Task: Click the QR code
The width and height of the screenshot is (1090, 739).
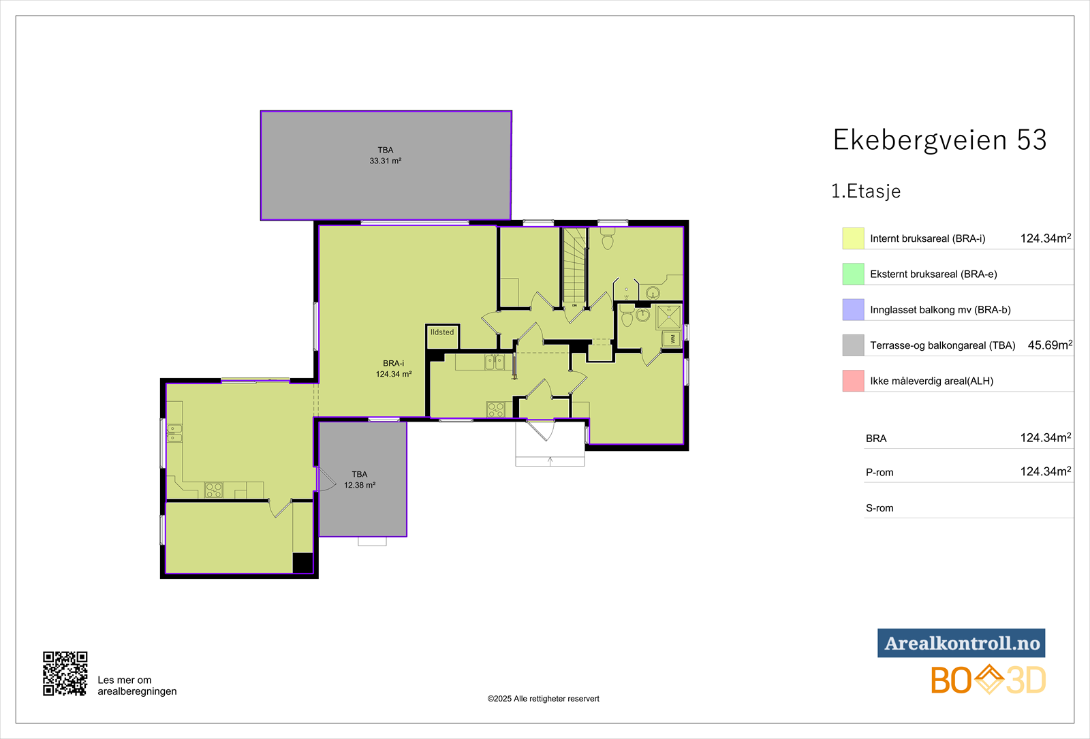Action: click(x=65, y=674)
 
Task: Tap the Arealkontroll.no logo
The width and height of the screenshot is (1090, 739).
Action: click(x=961, y=643)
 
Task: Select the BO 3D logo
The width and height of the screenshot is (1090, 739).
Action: click(x=988, y=680)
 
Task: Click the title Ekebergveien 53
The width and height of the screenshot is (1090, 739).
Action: click(x=939, y=140)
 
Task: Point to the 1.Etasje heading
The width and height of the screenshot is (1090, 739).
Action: click(x=866, y=191)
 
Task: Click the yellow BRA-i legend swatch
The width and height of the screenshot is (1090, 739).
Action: click(x=853, y=238)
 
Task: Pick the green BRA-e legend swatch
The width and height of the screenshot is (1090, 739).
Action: click(x=853, y=274)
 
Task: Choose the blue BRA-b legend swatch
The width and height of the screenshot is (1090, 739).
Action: click(x=853, y=309)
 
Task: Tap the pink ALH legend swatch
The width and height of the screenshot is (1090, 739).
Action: click(x=853, y=381)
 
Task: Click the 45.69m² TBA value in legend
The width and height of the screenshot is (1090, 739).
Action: click(x=1050, y=345)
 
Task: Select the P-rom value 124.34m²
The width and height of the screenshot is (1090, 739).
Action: click(x=1046, y=471)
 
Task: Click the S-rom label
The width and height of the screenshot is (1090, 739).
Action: click(x=879, y=508)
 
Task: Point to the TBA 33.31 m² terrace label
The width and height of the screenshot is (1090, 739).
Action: click(x=386, y=156)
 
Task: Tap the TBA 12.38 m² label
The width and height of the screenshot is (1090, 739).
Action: click(x=360, y=479)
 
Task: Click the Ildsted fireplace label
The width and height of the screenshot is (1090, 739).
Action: click(x=442, y=332)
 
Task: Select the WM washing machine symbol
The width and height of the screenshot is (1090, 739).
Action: click(x=672, y=339)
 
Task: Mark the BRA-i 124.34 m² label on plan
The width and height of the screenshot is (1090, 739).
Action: click(x=394, y=368)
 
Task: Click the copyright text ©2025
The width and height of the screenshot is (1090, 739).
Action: click(x=543, y=699)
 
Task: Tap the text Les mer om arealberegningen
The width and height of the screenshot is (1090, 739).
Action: click(x=137, y=685)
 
